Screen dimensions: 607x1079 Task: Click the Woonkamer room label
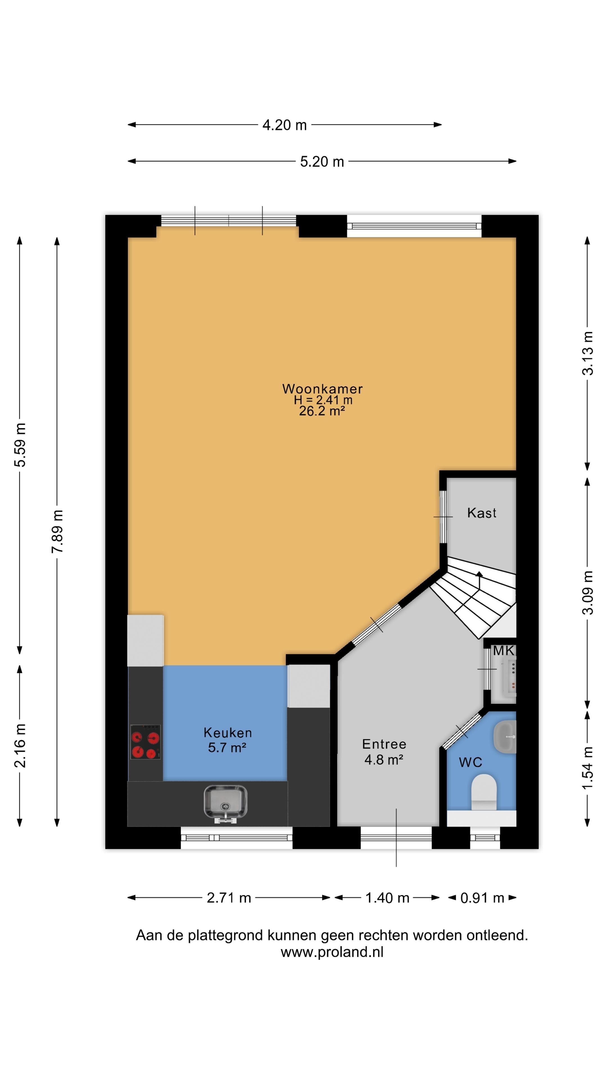coord(322,389)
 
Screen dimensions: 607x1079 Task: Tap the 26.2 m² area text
coord(322,411)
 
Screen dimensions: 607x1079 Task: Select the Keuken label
coord(227,733)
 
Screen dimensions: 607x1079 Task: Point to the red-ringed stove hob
coord(145,742)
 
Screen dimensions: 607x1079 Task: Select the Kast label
coord(482,513)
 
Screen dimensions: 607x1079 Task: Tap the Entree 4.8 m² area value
coord(384,760)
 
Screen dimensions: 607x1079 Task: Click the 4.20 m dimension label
coord(284,125)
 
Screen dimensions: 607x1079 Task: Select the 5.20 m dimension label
coord(322,162)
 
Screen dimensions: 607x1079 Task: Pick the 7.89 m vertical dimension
coord(57,531)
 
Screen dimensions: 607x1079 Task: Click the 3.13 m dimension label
coord(587,353)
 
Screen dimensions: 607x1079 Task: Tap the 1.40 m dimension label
coord(387,898)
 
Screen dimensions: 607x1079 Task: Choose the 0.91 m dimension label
coord(482,898)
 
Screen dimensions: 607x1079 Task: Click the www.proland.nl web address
coord(332,952)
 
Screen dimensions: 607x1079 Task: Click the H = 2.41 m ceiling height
coord(323,400)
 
